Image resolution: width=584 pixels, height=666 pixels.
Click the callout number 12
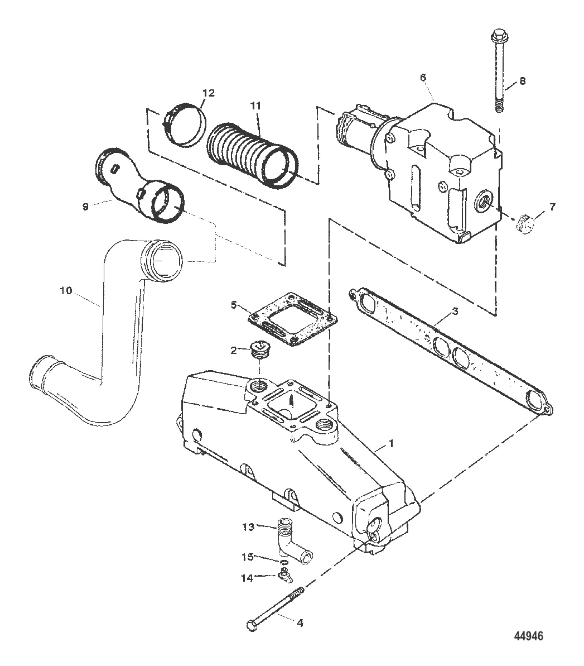[209, 93]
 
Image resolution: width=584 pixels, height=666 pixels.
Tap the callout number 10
[66, 291]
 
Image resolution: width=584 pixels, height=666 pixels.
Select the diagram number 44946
[528, 636]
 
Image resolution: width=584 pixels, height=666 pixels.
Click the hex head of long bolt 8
[497, 36]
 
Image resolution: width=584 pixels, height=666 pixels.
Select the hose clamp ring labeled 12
[184, 125]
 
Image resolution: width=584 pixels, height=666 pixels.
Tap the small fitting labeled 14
[286, 574]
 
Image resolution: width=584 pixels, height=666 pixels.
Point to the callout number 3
[455, 312]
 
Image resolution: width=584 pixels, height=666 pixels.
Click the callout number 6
[423, 78]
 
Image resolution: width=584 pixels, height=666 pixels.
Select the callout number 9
[85, 207]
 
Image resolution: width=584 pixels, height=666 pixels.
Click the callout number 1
[392, 443]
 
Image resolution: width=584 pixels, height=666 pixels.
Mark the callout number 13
[248, 527]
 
